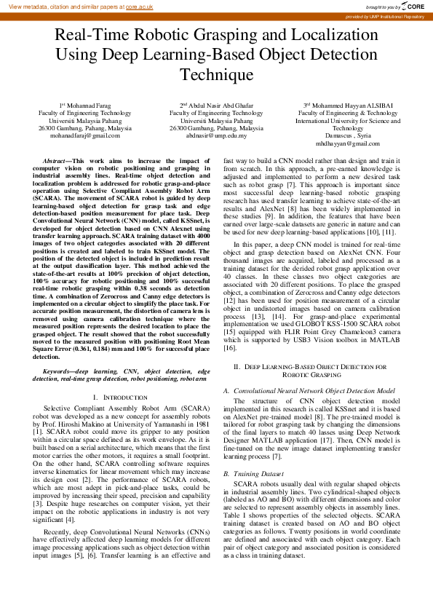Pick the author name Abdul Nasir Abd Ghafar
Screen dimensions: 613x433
[220, 106]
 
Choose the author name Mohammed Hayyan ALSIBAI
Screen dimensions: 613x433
[349, 106]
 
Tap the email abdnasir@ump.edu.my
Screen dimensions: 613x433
[216, 135]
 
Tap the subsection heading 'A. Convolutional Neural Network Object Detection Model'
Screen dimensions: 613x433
[310, 391]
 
